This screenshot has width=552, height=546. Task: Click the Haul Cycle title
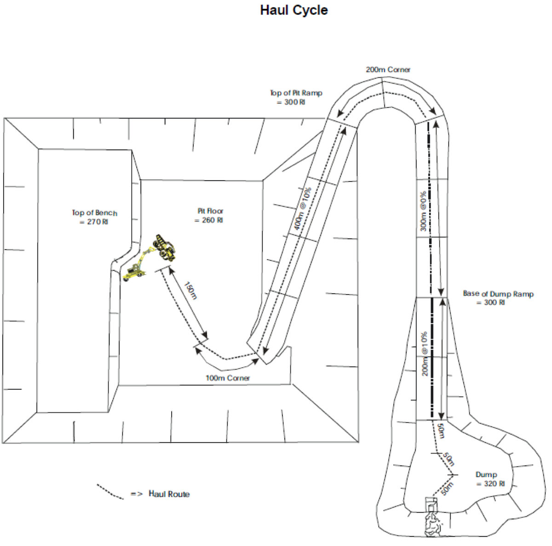point(293,10)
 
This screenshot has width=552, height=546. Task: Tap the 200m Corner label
point(388,70)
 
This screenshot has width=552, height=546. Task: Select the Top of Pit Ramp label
point(296,97)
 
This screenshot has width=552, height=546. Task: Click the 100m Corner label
point(227,378)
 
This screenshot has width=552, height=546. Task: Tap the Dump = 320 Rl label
point(490,479)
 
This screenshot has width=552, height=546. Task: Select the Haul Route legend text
point(169,494)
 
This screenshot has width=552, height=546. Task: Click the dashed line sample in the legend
point(110,491)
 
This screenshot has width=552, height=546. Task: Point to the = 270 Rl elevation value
point(94,222)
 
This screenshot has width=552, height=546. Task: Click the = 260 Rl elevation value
point(209,220)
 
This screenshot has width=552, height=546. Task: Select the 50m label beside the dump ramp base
point(441,431)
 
